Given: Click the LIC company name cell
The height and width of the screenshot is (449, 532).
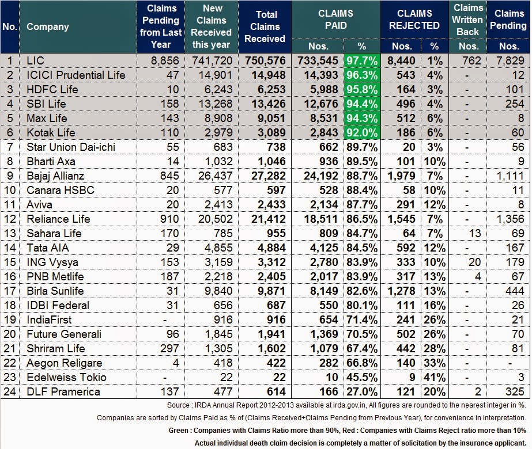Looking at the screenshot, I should pos(36,60).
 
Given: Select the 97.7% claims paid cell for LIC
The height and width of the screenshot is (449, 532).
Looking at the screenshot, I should pos(361,60).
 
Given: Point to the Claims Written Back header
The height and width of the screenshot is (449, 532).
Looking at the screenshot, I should pos(468,20).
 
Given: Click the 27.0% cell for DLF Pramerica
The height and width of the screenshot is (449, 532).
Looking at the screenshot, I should pos(361,391).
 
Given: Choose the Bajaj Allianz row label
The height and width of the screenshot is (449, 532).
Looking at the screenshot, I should pos(55,176).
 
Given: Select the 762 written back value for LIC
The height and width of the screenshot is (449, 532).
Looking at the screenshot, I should pos(468,60).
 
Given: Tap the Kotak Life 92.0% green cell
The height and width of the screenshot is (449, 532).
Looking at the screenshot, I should pos(361,132).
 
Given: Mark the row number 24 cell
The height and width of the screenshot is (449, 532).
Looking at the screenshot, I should pos(10,391).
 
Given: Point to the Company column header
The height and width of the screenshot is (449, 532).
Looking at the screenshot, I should pos(48,26).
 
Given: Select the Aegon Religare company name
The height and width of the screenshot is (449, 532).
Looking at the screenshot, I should pos(64,363).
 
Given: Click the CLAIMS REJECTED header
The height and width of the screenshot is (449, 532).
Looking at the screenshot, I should pos(414,20).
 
